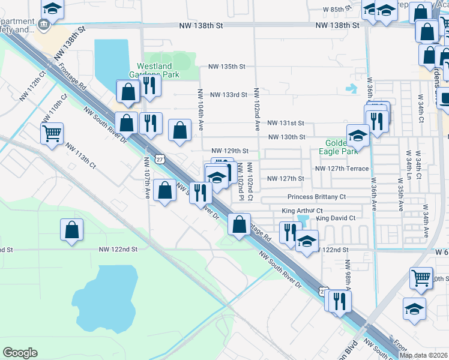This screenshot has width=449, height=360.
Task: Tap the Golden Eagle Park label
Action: coord(341,148)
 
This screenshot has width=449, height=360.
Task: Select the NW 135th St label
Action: coord(228,67)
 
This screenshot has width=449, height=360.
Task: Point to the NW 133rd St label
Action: coord(229,95)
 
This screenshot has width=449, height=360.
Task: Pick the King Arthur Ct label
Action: coord(303,211)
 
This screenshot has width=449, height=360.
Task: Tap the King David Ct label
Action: coord(336,218)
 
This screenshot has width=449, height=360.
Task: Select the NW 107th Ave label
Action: coord(146,178)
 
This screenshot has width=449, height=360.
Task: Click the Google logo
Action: coord(20,353)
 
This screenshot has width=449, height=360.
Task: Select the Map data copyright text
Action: coord(423,355)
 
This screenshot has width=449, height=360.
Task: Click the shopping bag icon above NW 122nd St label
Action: coord(71,230)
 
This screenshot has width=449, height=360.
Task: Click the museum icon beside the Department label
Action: coord(43,25)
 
